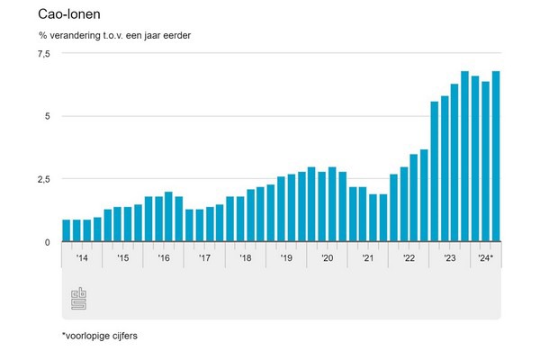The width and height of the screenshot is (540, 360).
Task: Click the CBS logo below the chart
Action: (78, 301)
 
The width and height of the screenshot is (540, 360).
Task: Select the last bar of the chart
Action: (496, 157)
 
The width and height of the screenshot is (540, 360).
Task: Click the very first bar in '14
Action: (67, 230)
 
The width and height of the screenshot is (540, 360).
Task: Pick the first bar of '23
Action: (435, 172)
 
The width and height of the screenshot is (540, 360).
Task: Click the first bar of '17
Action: (189, 226)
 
